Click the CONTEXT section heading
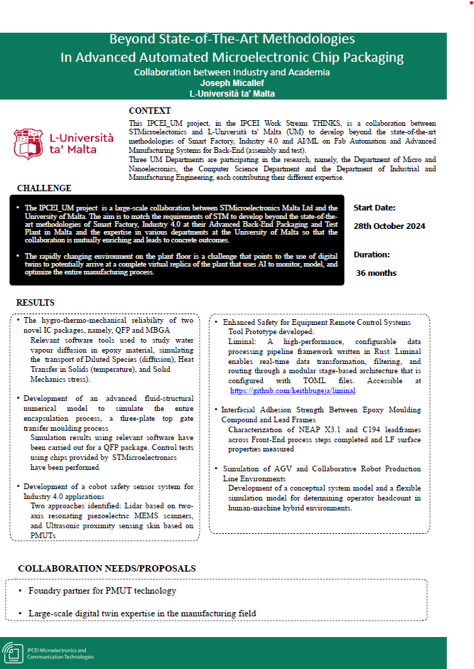pos(149,111)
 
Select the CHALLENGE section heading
pos(44,188)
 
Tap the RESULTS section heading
pos(36,303)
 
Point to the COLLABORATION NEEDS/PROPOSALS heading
pos(107,569)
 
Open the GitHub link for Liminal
pos(293,391)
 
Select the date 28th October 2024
pos(389,226)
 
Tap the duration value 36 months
pos(376,273)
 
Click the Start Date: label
pos(375,208)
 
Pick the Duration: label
pos(372,254)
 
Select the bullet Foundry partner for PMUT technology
pos(102,591)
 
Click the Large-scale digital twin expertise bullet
pos(142,613)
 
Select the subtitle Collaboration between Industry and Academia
pos(232,72)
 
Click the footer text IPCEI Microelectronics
pos(56,650)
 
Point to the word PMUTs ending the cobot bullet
pos(44,535)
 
